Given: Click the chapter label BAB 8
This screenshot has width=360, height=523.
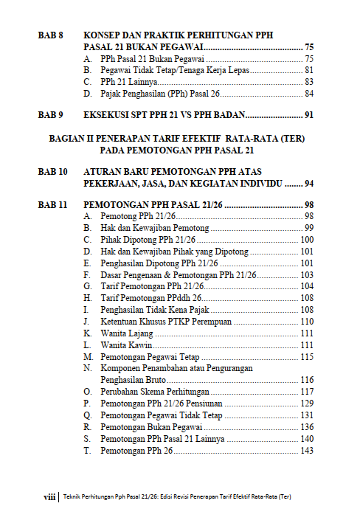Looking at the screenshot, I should (x=51, y=35).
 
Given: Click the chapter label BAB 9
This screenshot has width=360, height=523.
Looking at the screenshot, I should (x=51, y=115).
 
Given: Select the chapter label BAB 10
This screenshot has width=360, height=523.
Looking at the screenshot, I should (x=53, y=171).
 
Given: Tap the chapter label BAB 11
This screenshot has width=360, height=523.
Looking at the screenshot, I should (x=53, y=204).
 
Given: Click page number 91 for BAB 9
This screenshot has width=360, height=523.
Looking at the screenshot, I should (x=309, y=115).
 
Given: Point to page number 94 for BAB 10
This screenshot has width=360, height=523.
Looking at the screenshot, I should (x=309, y=183).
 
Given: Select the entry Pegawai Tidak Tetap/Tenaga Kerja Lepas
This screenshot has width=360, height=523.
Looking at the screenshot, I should (x=175, y=70).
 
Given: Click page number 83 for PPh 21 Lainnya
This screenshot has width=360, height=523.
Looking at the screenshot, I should (x=309, y=82).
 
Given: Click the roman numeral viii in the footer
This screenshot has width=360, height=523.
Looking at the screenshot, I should (x=50, y=497).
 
